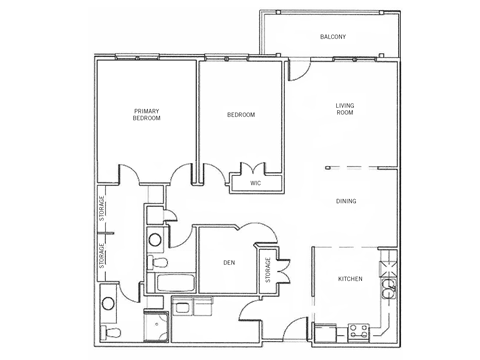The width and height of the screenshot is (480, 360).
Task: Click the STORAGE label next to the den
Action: click(x=268, y=270)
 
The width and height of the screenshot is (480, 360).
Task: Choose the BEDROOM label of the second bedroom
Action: click(x=241, y=115)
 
